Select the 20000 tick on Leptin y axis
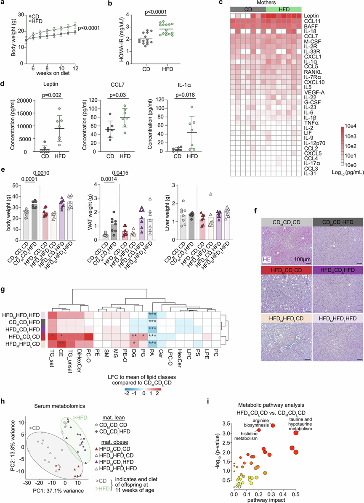(x=21, y=101)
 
